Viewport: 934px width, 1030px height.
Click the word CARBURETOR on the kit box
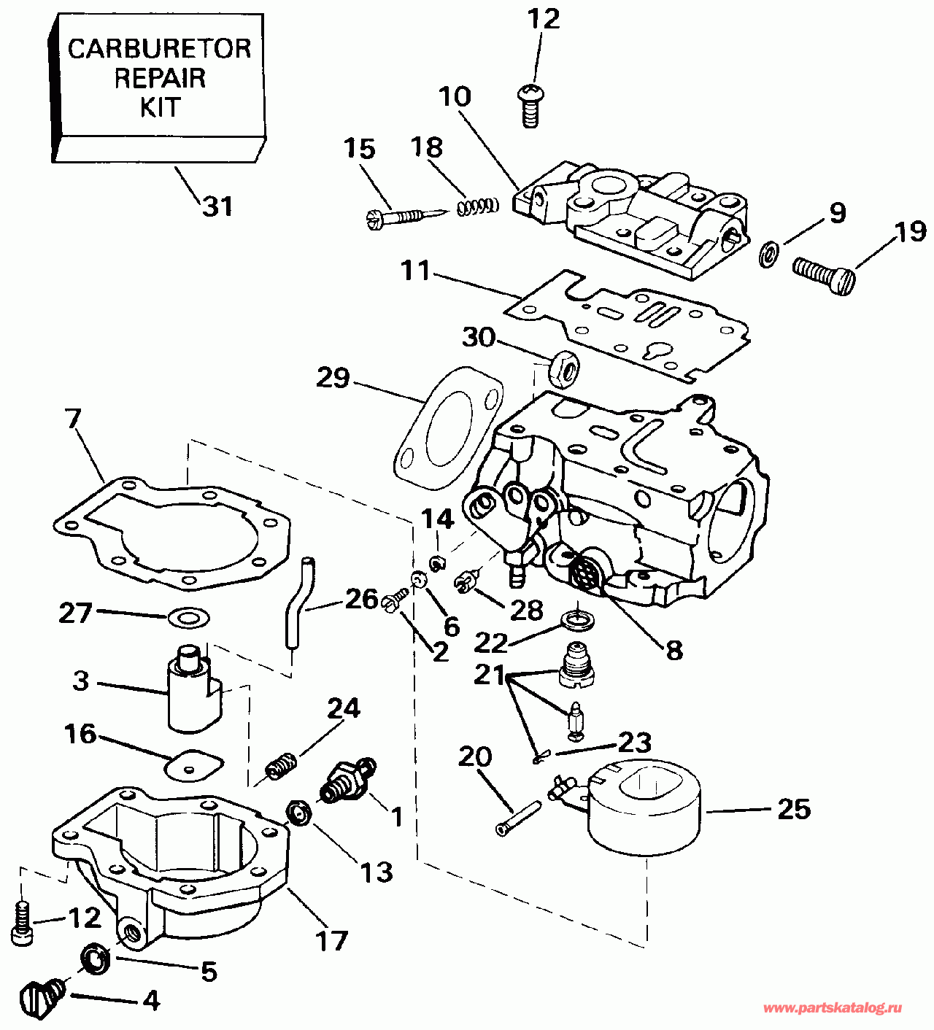(159, 49)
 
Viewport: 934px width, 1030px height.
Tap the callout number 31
(217, 206)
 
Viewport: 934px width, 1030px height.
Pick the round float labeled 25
(645, 806)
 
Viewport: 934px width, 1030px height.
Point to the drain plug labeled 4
(43, 996)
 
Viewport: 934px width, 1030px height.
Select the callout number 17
(331, 940)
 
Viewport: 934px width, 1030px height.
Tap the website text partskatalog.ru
(832, 1007)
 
